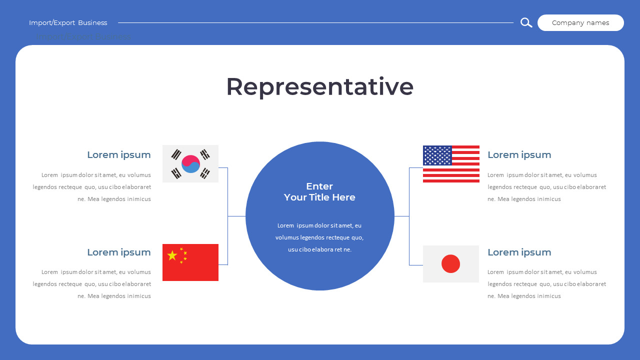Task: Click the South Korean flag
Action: point(190,163)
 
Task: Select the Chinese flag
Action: point(190,262)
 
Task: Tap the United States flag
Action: point(451,164)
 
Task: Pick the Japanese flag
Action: point(451,264)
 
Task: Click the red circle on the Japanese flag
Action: point(450,263)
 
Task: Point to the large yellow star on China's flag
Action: point(172,255)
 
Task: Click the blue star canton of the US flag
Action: point(437,155)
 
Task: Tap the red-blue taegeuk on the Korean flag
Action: point(190,164)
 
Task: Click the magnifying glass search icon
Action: point(526,22)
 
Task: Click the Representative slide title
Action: point(320,86)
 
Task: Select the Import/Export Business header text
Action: point(68,22)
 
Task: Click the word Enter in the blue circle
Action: point(319,186)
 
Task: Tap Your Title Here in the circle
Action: point(319,197)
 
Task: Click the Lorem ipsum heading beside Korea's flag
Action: point(119,154)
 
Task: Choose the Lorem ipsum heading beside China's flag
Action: point(119,252)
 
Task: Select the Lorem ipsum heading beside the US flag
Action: point(519,154)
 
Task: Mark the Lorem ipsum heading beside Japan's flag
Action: point(519,252)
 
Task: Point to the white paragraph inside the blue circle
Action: point(319,237)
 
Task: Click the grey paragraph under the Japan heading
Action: point(546,284)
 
